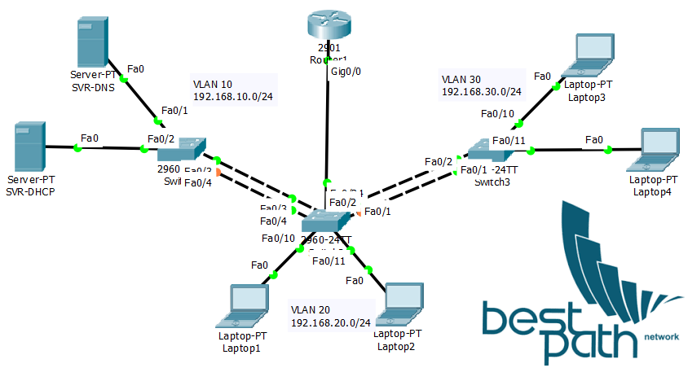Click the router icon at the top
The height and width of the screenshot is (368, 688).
328,24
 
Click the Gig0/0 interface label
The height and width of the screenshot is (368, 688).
346,72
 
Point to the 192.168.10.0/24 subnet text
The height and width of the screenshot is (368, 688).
233,97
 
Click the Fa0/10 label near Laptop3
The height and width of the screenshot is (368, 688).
497,114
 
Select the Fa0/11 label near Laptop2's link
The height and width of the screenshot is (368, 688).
328,261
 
